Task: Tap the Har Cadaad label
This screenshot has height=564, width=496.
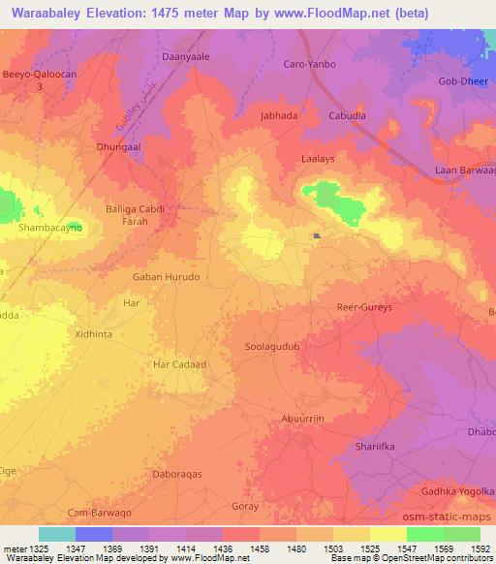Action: click(180, 364)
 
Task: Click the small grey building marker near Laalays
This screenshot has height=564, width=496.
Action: click(317, 235)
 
